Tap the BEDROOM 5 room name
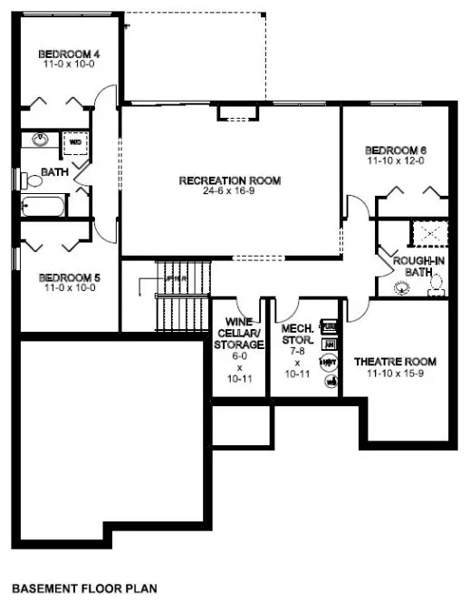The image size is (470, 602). pyautogui.click(x=68, y=277)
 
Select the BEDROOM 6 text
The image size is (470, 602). pyautogui.click(x=395, y=150)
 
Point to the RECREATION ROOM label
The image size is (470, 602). pyautogui.click(x=230, y=180)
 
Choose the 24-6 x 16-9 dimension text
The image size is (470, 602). pyautogui.click(x=230, y=191)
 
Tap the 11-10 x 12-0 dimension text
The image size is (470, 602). pyautogui.click(x=395, y=161)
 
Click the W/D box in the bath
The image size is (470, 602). pyautogui.click(x=75, y=142)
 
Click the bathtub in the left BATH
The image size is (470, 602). pyautogui.click(x=43, y=206)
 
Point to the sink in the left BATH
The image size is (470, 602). pyautogui.click(x=40, y=141)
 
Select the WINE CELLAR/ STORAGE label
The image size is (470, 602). pyautogui.click(x=239, y=334)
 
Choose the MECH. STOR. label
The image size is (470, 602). pyautogui.click(x=297, y=334)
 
